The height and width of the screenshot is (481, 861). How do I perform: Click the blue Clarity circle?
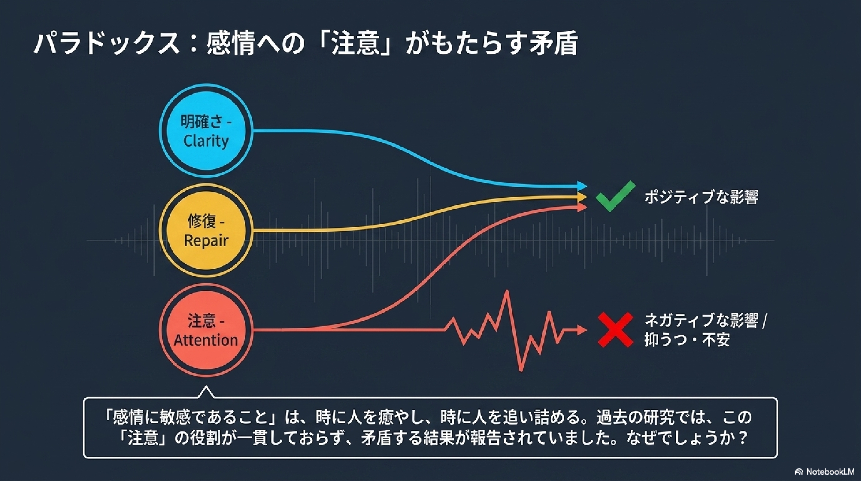click(206, 130)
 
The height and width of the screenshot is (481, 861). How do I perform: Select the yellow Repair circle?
click(206, 230)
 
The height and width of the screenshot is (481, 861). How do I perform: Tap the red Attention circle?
click(206, 330)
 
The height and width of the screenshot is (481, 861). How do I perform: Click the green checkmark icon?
click(615, 196)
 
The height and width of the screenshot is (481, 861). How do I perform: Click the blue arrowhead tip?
click(587, 186)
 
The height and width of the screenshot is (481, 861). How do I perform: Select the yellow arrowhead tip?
click(587, 197)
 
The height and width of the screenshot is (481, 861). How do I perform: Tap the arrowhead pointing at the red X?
click(587, 330)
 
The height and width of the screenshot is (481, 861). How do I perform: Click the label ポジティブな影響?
click(701, 197)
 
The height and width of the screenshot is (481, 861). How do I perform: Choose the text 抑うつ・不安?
click(687, 340)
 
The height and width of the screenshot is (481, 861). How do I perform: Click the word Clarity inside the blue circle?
click(206, 141)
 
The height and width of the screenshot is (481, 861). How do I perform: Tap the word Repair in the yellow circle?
click(206, 240)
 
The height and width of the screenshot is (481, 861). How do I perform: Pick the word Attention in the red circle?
click(206, 340)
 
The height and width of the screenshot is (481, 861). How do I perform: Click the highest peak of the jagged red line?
click(507, 291)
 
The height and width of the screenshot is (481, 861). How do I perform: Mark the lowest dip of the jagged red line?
click(521, 371)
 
